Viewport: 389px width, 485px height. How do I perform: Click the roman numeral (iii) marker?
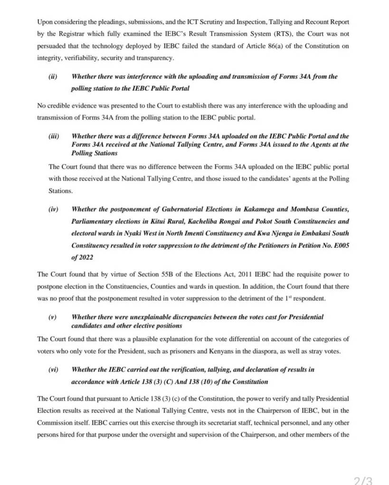pos(54,136)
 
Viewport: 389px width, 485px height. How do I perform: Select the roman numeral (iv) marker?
pos(53,209)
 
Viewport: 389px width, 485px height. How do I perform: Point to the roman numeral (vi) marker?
pos(53,369)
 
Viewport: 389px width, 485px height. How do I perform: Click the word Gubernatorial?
pos(179,209)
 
